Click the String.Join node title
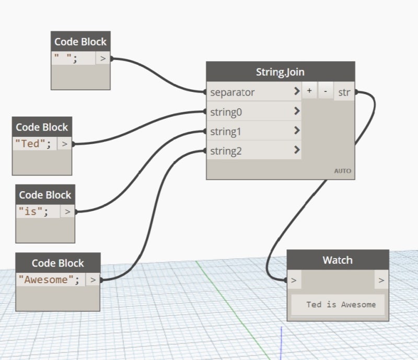click(280, 72)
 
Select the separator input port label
click(233, 92)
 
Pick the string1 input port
click(225, 132)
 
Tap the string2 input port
click(225, 152)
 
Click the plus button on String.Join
click(309, 91)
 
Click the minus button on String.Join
click(326, 91)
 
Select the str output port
click(344, 92)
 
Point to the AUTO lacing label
click(343, 171)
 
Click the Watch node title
click(338, 260)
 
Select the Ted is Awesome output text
click(341, 304)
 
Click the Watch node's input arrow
click(294, 281)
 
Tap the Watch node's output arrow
click(381, 281)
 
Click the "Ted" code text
click(33, 143)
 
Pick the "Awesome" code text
click(49, 280)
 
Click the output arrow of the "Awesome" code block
click(92, 280)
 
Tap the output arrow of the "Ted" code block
click(64, 143)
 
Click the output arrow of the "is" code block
click(67, 211)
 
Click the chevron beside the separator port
click(297, 92)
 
